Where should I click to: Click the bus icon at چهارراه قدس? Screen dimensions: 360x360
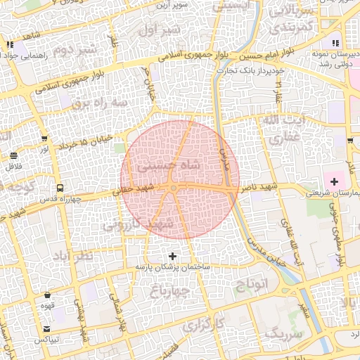coord(60,188)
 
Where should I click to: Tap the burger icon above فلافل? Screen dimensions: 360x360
coord(15,155)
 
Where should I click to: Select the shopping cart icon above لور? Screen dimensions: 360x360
coord(45,138)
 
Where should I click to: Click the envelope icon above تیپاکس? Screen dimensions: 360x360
coord(47,328)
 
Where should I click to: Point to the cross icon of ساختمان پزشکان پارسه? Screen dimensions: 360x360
coord(173,255)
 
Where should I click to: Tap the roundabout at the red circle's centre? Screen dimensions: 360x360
coord(174,187)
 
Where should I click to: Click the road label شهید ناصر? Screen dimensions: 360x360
coord(258,189)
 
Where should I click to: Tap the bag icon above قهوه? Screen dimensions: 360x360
coord(47,295)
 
